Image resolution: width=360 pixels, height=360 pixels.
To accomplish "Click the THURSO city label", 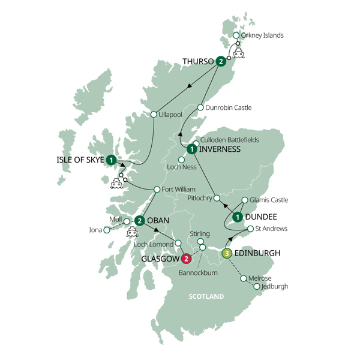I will click(x=198, y=61).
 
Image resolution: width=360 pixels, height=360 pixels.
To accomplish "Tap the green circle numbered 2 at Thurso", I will click(x=222, y=61).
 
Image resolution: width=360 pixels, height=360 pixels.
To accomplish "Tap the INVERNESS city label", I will click(x=220, y=149).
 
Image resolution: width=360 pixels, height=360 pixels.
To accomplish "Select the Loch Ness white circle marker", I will click(x=181, y=160).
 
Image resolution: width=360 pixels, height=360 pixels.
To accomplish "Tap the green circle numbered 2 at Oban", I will click(x=139, y=220).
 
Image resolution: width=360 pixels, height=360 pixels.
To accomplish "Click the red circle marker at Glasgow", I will click(x=187, y=259).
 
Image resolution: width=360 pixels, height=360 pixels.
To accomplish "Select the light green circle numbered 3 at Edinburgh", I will click(x=227, y=253).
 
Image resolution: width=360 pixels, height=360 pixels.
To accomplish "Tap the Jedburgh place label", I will click(x=276, y=286).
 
